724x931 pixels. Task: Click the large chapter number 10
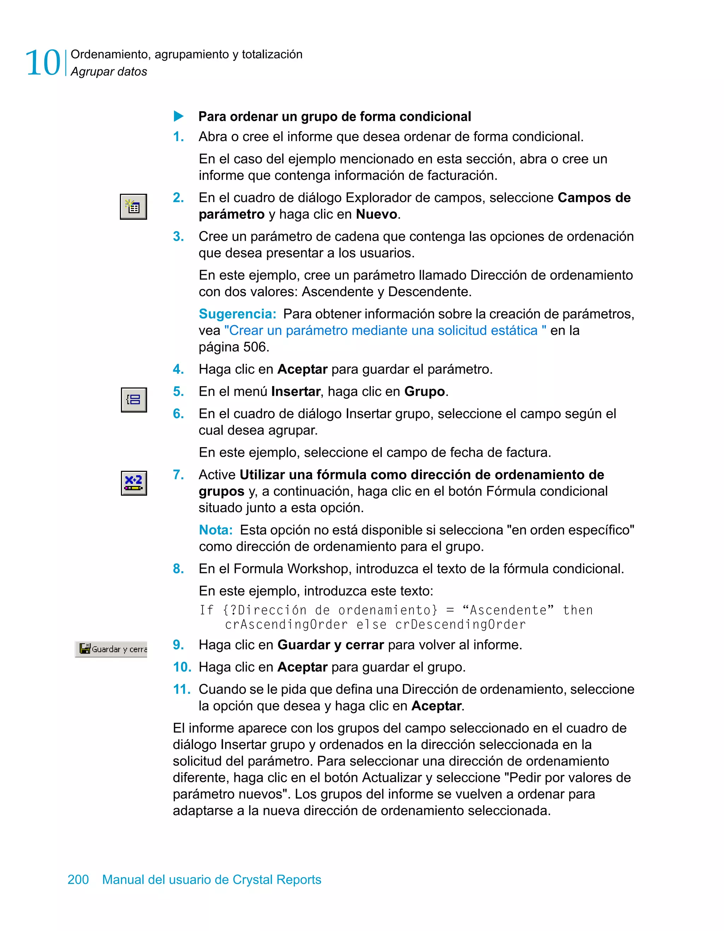(x=43, y=63)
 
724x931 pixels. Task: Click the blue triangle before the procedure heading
(x=179, y=116)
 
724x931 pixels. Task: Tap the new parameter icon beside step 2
(x=134, y=207)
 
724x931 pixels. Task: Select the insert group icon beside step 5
(x=134, y=400)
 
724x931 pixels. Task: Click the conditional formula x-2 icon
(x=134, y=483)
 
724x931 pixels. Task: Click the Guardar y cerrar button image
(x=111, y=649)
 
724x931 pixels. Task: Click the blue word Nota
(x=216, y=530)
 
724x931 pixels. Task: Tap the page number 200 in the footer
(x=78, y=879)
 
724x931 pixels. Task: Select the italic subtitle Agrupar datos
(x=109, y=72)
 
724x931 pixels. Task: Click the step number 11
(x=181, y=689)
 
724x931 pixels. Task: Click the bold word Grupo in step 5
(x=424, y=392)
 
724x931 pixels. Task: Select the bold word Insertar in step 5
(x=296, y=392)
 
